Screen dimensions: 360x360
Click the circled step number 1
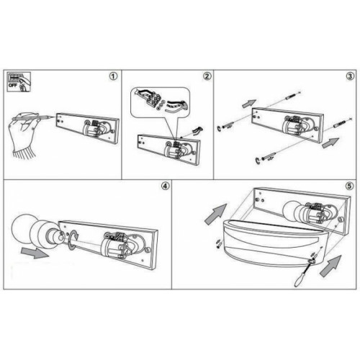(x=114, y=76)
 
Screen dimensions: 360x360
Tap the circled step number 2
(x=207, y=76)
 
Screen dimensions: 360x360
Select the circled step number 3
(x=350, y=76)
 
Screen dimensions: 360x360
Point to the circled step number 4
(x=166, y=186)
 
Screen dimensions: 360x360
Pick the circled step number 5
(x=349, y=186)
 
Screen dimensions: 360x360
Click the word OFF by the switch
(x=12, y=85)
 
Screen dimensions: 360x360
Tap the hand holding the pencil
(x=24, y=135)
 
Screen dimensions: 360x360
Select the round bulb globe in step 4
(x=23, y=225)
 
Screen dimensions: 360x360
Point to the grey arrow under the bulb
(x=35, y=253)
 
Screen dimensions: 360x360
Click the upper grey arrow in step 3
(x=249, y=104)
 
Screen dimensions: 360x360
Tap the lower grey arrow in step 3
(x=330, y=143)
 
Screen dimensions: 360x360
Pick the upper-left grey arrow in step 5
(x=215, y=215)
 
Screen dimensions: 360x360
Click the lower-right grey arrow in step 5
(x=330, y=266)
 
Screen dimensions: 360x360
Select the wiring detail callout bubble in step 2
(x=161, y=103)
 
